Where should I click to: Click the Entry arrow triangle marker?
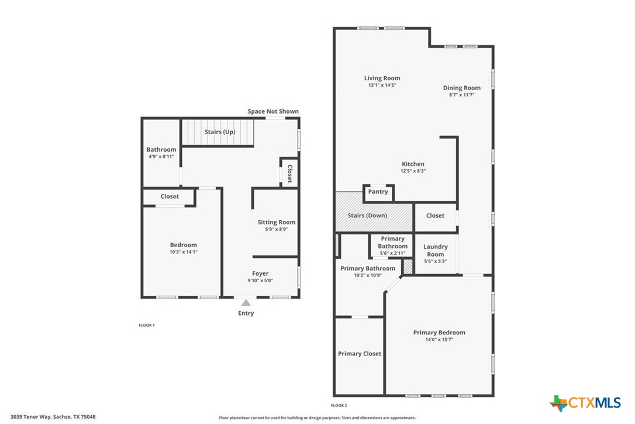(246, 303)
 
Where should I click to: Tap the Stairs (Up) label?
(220, 132)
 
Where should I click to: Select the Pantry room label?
(378, 192)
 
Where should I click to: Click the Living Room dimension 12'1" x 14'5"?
(382, 86)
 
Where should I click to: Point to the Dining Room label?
(462, 88)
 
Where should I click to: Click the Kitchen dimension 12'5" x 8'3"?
(413, 171)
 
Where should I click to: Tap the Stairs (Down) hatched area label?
(367, 216)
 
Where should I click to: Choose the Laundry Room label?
(435, 250)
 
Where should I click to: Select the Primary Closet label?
(360, 354)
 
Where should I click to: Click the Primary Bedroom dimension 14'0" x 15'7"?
(439, 340)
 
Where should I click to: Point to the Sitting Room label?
(277, 222)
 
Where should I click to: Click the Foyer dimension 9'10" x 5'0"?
(260, 281)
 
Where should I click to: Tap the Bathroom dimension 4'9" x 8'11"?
(161, 157)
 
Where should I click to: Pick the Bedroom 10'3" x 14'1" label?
(184, 245)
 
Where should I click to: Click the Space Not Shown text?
(273, 111)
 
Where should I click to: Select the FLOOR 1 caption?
(146, 325)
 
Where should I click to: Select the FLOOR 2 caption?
(339, 405)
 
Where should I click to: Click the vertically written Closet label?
(289, 173)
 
